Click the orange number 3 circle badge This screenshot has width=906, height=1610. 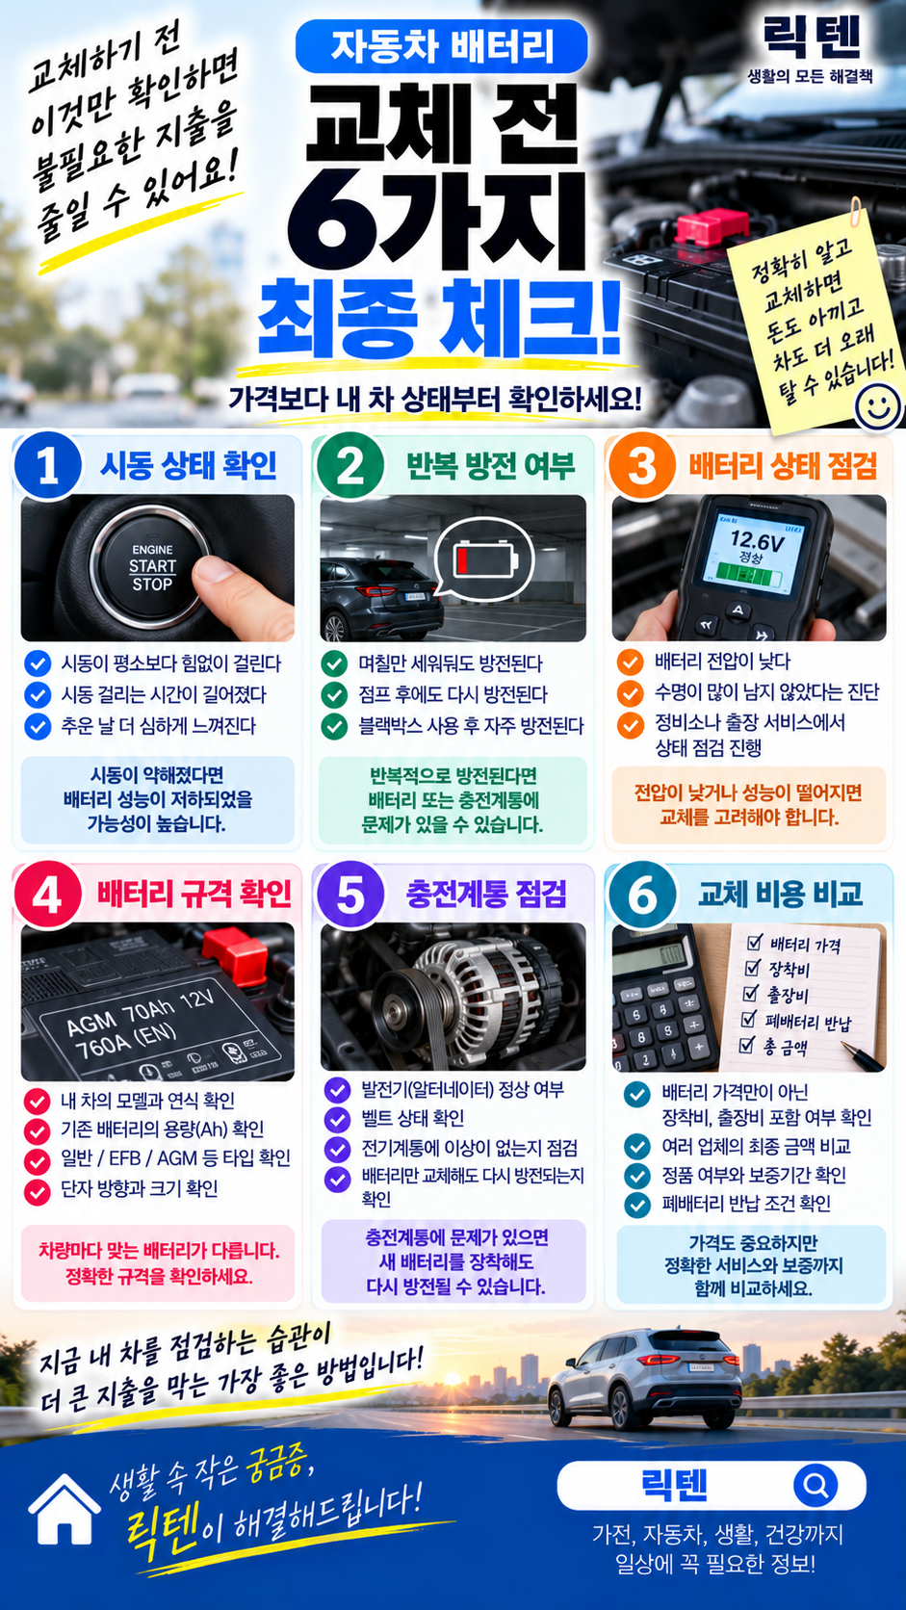[641, 466]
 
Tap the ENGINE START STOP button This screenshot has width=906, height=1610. [151, 566]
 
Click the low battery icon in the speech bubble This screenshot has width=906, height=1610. [485, 558]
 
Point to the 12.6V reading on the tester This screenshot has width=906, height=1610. [757, 539]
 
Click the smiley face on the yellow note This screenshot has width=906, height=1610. [877, 406]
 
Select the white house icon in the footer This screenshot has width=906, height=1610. [64, 1509]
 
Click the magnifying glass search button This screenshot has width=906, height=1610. [815, 1485]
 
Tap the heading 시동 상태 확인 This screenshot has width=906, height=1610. [189, 466]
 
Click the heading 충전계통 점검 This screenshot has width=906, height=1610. [486, 895]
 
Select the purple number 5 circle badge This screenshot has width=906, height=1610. [350, 896]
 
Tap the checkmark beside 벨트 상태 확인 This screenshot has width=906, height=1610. [337, 1119]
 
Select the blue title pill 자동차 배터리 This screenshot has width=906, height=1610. [442, 47]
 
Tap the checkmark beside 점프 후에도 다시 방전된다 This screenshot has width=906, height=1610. [334, 694]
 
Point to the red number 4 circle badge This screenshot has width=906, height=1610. [47, 896]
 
